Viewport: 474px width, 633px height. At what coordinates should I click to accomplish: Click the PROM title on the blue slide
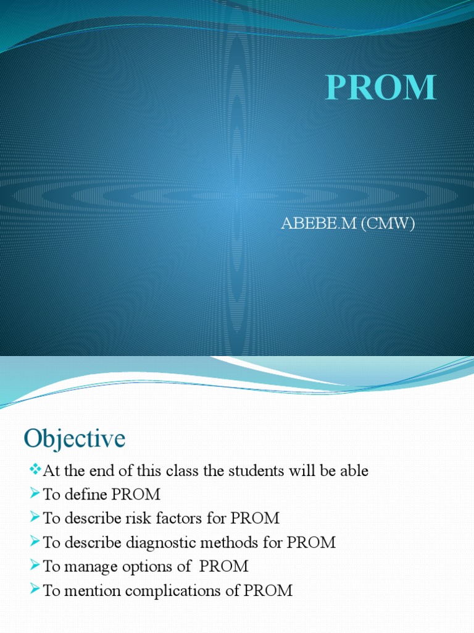point(381,87)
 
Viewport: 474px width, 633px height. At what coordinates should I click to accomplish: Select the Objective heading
point(74,439)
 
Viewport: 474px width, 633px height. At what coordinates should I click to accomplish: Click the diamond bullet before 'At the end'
point(35,470)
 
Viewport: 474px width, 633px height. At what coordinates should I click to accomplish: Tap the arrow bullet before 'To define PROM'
point(35,495)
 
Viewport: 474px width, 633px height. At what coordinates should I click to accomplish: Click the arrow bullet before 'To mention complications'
point(35,590)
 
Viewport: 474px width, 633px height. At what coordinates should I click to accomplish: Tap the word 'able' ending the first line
point(354,471)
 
